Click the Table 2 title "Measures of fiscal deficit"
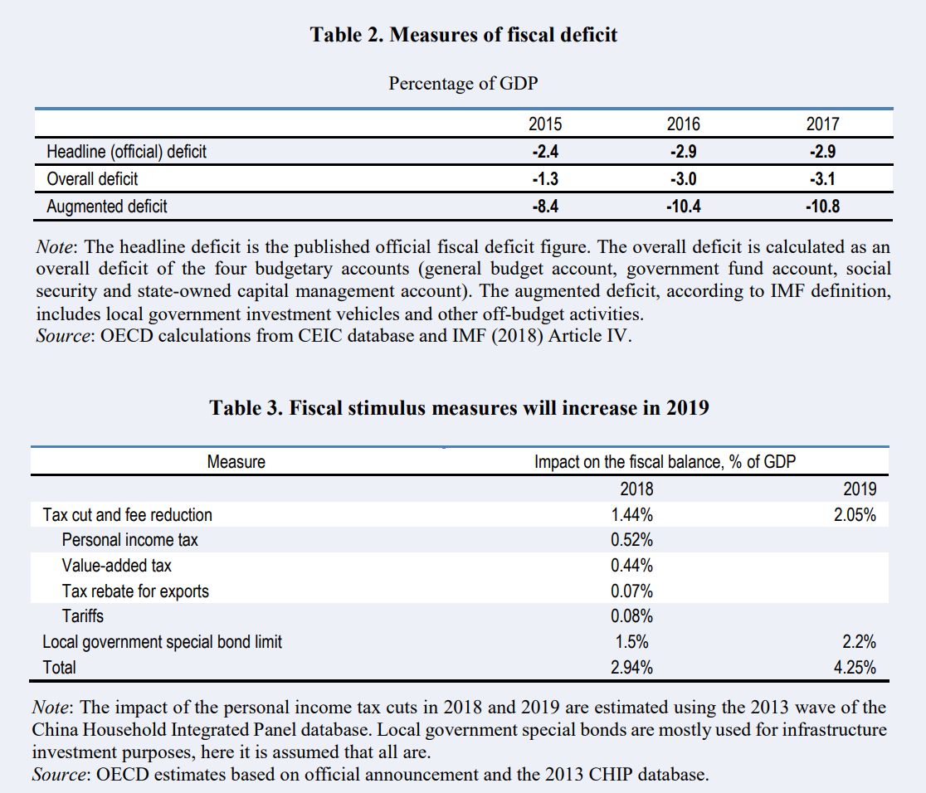pyautogui.click(x=463, y=35)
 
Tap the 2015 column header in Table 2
pyautogui.click(x=544, y=124)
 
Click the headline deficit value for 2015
pyautogui.click(x=544, y=152)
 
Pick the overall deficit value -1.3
pyautogui.click(x=544, y=179)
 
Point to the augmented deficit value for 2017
pyautogui.click(x=822, y=207)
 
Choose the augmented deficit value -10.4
pyautogui.click(x=683, y=207)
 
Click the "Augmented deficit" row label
pyautogui.click(x=107, y=207)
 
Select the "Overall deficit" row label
pyautogui.click(x=92, y=179)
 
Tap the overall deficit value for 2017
pyautogui.click(x=822, y=179)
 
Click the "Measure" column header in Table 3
pyautogui.click(x=236, y=462)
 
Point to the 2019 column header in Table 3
pyautogui.click(x=859, y=489)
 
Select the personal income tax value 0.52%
pyautogui.click(x=631, y=541)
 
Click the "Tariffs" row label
pyautogui.click(x=83, y=616)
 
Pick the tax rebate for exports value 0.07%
pyautogui.click(x=631, y=591)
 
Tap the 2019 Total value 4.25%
pyautogui.click(x=855, y=668)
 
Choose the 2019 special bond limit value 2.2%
pyautogui.click(x=859, y=642)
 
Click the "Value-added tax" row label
pyautogui.click(x=117, y=566)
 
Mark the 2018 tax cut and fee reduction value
pyautogui.click(x=631, y=515)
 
